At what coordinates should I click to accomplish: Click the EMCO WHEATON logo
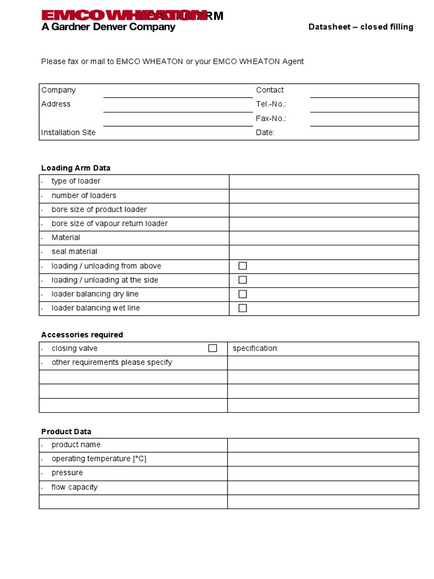tap(121, 16)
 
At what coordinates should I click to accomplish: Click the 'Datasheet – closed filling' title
tap(361, 27)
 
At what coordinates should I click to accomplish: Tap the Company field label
tap(58, 90)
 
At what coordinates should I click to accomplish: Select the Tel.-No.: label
tap(271, 104)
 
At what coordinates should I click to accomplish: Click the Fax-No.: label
tap(271, 118)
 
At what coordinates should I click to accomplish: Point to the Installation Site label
tap(68, 132)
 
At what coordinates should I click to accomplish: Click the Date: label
tap(265, 132)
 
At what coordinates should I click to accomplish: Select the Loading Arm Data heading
tap(76, 168)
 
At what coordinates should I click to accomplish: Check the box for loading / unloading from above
tap(242, 266)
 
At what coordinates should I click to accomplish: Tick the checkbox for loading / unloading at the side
tap(242, 280)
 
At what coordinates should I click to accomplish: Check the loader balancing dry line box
tap(242, 294)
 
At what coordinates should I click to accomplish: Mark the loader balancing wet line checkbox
tap(242, 308)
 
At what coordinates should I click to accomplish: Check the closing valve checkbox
tap(212, 348)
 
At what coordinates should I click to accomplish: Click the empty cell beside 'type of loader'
tap(323, 182)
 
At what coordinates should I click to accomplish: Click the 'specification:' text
tap(255, 348)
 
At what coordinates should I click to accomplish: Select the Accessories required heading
tap(82, 335)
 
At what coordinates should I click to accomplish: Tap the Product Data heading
tap(66, 431)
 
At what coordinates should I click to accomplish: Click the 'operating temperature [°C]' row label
tap(99, 459)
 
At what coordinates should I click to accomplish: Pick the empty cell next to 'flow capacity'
tap(323, 487)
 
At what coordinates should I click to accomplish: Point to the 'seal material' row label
tap(74, 252)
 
